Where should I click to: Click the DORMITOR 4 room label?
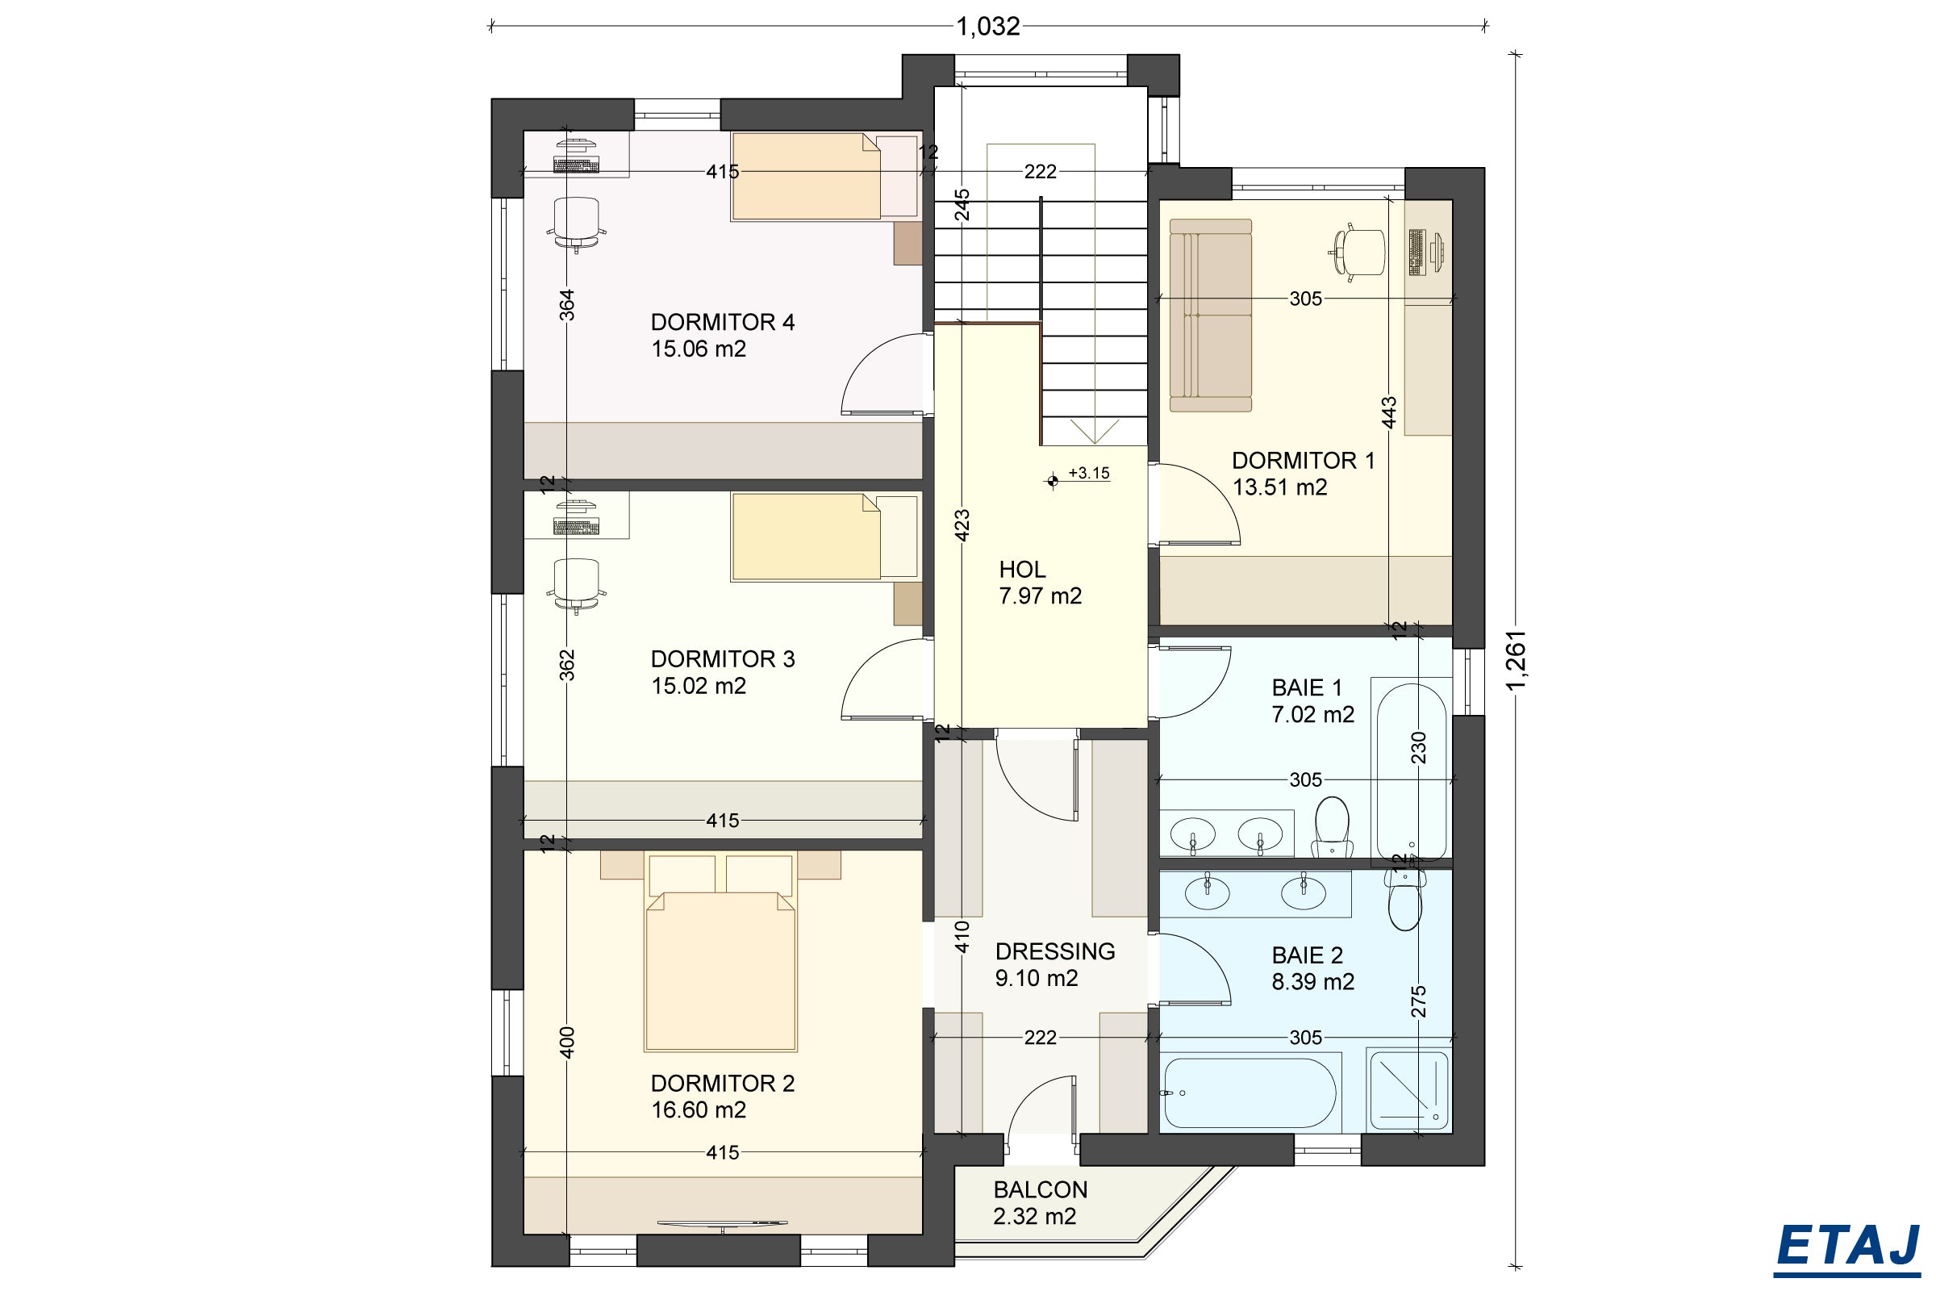tap(723, 322)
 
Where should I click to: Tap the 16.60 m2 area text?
tap(699, 1110)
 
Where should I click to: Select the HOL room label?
tap(1022, 570)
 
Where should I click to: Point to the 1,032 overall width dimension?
tap(987, 27)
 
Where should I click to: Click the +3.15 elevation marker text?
tap(1089, 474)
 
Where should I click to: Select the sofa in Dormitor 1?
tap(1211, 315)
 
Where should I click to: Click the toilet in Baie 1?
tap(1332, 826)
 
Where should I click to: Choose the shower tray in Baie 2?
tap(1408, 1089)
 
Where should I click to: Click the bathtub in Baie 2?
tap(1250, 1093)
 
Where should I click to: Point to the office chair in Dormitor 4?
tap(576, 224)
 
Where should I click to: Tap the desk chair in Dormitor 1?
tap(1358, 251)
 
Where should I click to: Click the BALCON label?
tap(1041, 1189)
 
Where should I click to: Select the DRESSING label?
tap(1055, 952)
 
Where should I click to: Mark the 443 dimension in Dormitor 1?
tap(1388, 413)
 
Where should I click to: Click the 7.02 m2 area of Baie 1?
tap(1313, 715)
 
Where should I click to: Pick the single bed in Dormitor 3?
tap(824, 537)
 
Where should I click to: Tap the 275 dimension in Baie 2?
tap(1418, 1002)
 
